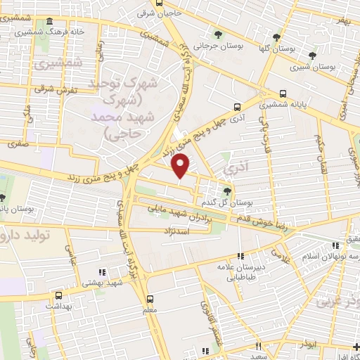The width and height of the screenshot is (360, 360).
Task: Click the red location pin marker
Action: tap(181, 166)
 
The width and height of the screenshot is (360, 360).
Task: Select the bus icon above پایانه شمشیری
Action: tap(283, 94)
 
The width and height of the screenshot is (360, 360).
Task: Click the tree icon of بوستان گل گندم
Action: tap(226, 190)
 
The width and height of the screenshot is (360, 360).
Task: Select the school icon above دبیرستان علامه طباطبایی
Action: tap(240, 256)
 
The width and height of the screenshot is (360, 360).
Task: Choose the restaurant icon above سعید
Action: tap(259, 346)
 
